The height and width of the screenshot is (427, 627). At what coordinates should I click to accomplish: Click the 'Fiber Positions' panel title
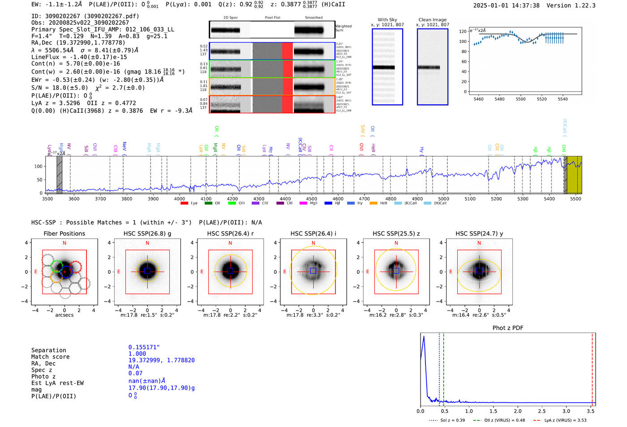(x=64, y=233)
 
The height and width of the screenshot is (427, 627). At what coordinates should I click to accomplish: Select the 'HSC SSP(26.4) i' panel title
(x=313, y=233)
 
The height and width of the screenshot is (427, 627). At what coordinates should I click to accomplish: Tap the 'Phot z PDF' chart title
(x=508, y=328)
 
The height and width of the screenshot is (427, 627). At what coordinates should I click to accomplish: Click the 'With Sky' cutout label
(x=387, y=20)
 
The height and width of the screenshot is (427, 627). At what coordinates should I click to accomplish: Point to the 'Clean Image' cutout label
(x=432, y=20)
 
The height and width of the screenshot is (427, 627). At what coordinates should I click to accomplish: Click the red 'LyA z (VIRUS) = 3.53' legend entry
(x=565, y=420)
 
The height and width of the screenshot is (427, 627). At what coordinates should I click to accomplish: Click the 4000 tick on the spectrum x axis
(x=180, y=199)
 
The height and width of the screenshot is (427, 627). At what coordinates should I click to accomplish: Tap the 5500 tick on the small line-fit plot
(x=520, y=99)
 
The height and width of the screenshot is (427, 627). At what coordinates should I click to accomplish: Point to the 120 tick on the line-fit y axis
(x=463, y=31)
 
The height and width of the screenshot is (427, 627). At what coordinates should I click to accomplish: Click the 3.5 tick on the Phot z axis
(x=591, y=411)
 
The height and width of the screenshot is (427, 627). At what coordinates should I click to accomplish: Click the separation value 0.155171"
(x=144, y=347)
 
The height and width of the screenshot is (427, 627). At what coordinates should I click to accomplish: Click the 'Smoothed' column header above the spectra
(x=313, y=18)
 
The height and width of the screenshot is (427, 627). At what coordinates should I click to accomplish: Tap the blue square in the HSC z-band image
(x=396, y=271)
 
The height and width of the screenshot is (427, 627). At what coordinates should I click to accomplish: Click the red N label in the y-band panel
(x=479, y=243)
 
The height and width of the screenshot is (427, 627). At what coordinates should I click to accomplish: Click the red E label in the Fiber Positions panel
(x=36, y=272)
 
